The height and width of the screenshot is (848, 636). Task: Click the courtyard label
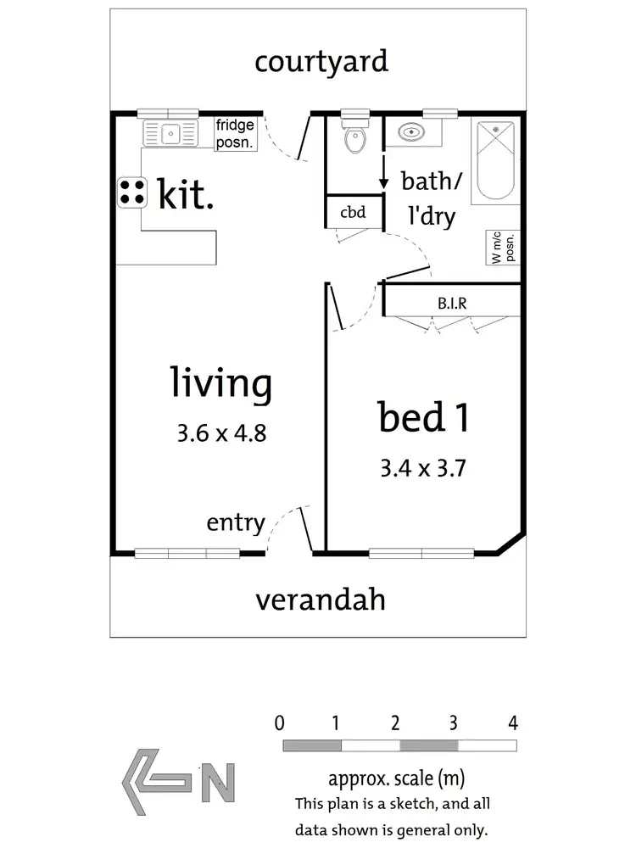(321, 62)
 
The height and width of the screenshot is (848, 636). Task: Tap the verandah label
(321, 600)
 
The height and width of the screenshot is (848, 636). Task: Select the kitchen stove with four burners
(131, 192)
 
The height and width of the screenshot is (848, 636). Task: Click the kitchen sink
(170, 132)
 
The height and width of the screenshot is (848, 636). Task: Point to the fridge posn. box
(235, 135)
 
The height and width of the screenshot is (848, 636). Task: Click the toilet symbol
(354, 138)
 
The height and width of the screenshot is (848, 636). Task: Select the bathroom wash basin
(411, 133)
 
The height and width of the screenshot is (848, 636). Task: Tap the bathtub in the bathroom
(495, 160)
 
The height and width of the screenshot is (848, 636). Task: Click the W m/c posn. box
(502, 247)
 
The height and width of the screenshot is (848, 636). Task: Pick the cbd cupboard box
(353, 212)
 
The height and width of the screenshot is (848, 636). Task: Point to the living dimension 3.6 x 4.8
(222, 433)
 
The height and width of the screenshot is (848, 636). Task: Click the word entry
(236, 523)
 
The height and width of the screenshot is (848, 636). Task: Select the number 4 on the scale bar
(511, 723)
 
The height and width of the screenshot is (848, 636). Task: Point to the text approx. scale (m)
(396, 778)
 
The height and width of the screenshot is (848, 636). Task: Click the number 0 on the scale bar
(279, 723)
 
